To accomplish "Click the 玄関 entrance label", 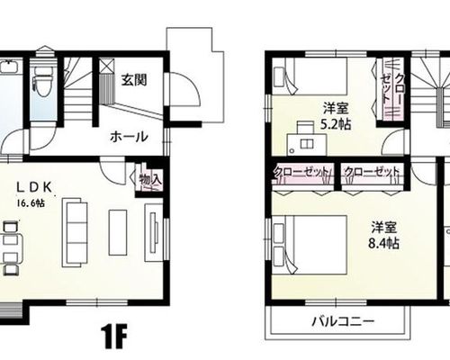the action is click(x=134, y=80).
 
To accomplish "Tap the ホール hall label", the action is click(x=129, y=137).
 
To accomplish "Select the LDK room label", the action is click(x=34, y=187).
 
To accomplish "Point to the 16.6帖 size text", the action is click(x=31, y=203).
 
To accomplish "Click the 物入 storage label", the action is click(x=150, y=180).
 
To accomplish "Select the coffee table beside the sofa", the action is click(x=118, y=232).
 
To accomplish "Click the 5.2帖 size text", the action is click(x=336, y=124).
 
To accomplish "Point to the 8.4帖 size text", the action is click(x=383, y=243).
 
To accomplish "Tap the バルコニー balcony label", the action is click(x=344, y=322).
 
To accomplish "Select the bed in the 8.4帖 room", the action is click(x=310, y=245).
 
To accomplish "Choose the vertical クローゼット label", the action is click(x=393, y=89).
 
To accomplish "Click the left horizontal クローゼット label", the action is click(x=302, y=172).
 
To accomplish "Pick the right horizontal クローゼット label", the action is click(x=372, y=172).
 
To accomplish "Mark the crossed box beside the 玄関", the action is click(x=107, y=65).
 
